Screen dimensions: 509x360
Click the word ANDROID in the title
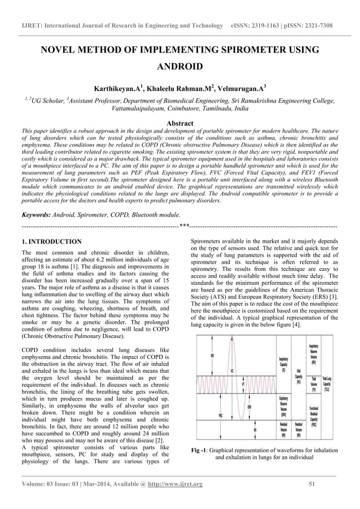coord(179,67)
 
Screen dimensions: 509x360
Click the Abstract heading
coord(179,123)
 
